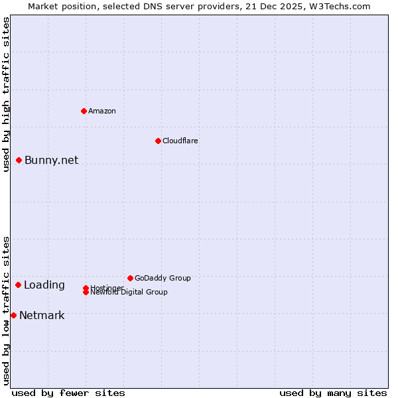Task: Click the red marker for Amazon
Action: (x=84, y=111)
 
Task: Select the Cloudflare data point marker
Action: (x=158, y=141)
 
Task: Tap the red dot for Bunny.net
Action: (x=19, y=160)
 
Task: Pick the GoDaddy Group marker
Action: (x=130, y=278)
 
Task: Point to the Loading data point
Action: (x=18, y=285)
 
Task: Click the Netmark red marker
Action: (x=13, y=315)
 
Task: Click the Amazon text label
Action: (x=102, y=111)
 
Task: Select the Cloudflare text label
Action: (x=180, y=141)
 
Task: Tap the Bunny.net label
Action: (x=51, y=160)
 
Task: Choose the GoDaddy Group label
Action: (x=163, y=278)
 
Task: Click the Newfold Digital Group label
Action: (x=129, y=292)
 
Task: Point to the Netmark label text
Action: (x=42, y=315)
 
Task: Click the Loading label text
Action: (x=44, y=285)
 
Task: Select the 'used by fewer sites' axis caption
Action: (x=68, y=393)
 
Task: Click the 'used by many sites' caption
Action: (x=333, y=393)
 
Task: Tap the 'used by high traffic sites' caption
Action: (x=6, y=95)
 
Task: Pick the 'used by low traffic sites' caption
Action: (x=6, y=310)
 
